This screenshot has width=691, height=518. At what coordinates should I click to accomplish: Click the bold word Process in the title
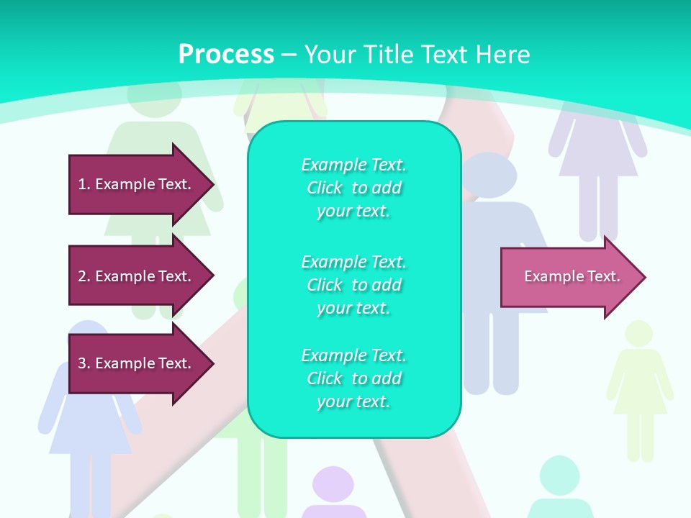(x=226, y=55)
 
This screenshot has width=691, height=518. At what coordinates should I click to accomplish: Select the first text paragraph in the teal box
(x=353, y=188)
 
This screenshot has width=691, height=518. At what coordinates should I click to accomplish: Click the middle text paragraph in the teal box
(x=353, y=285)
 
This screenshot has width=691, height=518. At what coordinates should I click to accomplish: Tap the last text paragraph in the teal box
(x=353, y=378)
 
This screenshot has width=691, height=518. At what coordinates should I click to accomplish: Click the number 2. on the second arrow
(x=84, y=276)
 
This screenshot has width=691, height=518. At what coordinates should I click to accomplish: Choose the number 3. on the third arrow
(x=84, y=363)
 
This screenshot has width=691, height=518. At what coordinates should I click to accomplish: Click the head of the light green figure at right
(x=638, y=335)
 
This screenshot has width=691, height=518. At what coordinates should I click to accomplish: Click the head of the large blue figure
(x=489, y=175)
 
